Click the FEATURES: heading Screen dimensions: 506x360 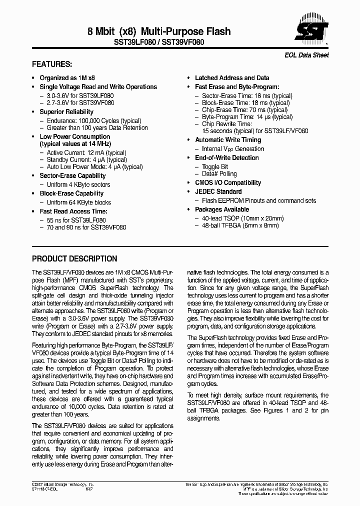52,64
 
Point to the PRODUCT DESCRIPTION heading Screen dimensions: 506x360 74,259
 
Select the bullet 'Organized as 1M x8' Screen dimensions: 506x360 67,78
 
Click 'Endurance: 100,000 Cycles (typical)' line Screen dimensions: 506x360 93,121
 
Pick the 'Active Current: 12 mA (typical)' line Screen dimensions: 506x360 86,152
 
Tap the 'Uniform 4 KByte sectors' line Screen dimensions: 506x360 78,184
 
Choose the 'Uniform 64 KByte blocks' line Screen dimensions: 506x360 78,202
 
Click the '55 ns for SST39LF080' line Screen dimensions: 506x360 76,220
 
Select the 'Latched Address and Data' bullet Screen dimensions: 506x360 231,78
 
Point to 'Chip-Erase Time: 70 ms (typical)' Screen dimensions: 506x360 244,109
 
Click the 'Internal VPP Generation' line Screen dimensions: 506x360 232,149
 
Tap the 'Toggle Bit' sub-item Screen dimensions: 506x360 215,166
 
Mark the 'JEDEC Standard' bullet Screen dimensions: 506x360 218,191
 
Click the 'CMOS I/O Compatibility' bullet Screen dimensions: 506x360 227,183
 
